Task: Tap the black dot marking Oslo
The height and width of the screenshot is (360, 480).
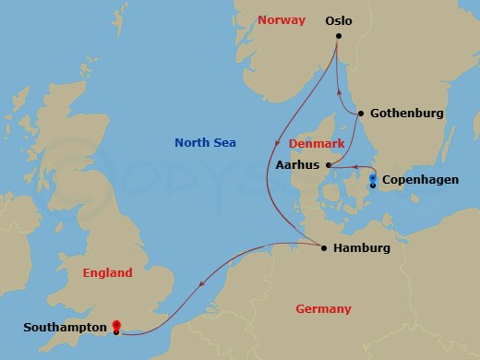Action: point(339,36)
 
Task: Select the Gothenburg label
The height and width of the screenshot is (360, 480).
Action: point(406,114)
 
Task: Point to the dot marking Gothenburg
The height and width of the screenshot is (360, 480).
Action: point(360,114)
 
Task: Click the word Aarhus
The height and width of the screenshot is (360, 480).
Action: point(297,165)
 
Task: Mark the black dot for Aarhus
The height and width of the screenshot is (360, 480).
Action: point(329,165)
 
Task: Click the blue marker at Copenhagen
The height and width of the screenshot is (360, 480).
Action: point(373,177)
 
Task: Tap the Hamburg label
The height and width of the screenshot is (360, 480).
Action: point(362,248)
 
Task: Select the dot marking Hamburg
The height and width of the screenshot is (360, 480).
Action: point(323,247)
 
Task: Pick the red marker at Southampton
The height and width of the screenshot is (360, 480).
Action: point(116,325)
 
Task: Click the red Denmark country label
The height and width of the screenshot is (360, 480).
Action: point(316,144)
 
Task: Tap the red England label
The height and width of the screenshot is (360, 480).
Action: point(107,272)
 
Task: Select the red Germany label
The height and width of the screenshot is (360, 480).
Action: point(323,308)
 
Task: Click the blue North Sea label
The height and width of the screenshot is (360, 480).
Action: point(205,142)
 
